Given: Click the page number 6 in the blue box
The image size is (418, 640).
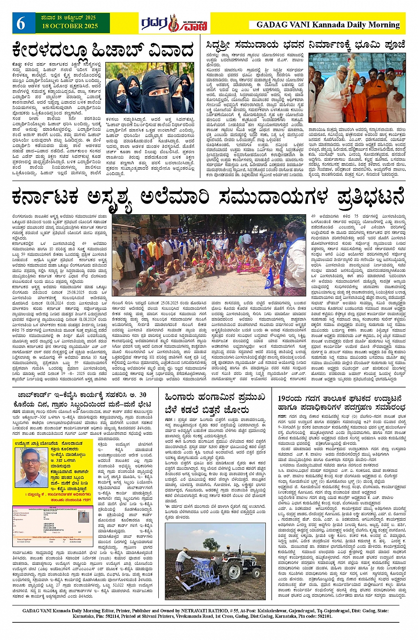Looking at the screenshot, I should pos(21,23).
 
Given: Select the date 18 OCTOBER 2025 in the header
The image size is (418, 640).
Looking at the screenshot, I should pos(70,27).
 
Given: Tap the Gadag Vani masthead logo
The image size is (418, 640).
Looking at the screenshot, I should pos(174,23).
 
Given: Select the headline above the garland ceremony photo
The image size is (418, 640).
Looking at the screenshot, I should pos(305,45).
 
